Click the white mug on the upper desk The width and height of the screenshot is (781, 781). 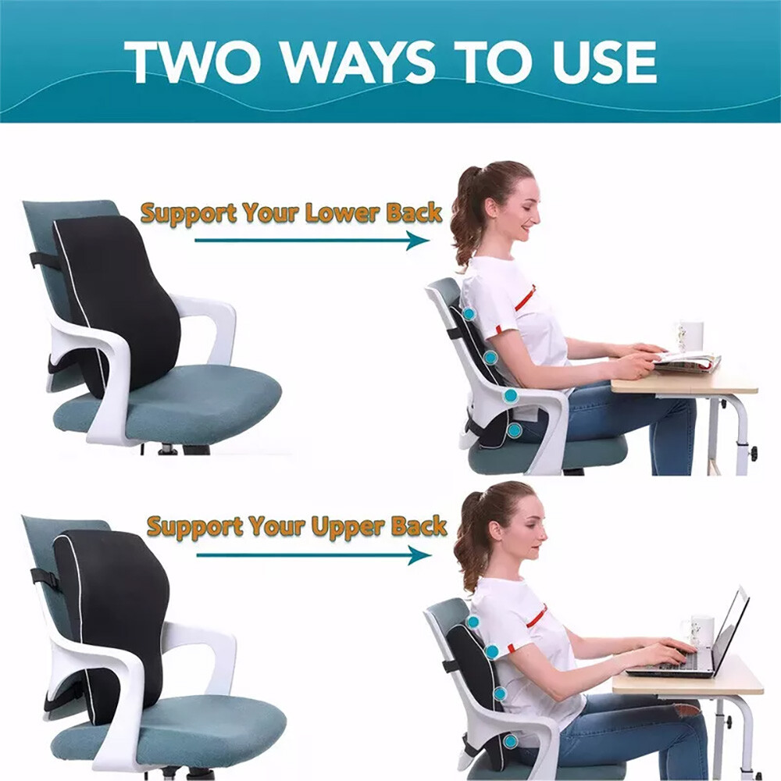click(690, 336)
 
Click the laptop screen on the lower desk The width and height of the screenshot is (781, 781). click(730, 629)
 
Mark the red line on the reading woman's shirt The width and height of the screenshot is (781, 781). click(525, 298)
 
